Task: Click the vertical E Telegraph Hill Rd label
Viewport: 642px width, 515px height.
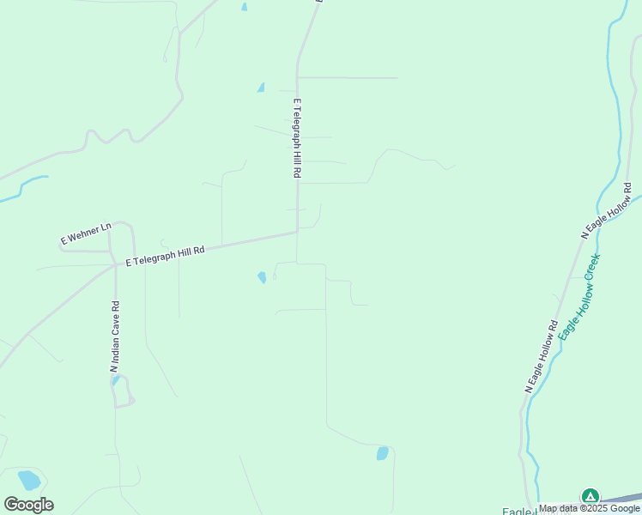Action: click(297, 138)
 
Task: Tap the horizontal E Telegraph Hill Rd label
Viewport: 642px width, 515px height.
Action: click(166, 256)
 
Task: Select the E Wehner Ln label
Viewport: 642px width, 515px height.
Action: click(86, 233)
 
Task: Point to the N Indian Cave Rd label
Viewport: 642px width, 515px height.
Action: click(114, 336)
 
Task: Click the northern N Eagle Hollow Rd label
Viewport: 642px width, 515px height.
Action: click(606, 210)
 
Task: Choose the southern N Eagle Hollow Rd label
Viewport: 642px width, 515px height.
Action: click(542, 357)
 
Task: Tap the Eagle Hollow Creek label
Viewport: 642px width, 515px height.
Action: click(578, 297)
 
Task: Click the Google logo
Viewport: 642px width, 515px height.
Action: click(29, 505)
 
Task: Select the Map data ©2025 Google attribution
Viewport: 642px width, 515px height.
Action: click(590, 508)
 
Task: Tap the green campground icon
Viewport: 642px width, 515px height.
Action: click(590, 496)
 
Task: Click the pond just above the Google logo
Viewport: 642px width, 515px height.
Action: click(29, 480)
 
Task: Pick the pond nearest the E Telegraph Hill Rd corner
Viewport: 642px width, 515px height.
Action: click(262, 277)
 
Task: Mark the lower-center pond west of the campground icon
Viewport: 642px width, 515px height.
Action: click(382, 453)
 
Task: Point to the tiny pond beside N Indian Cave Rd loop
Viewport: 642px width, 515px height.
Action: click(116, 380)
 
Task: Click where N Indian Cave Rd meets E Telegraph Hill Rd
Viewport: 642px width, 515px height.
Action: click(116, 265)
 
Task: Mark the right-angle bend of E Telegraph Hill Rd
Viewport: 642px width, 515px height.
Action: click(297, 231)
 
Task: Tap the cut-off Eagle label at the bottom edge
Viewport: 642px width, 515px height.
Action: click(518, 512)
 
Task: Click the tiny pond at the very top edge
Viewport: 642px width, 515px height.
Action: click(245, 7)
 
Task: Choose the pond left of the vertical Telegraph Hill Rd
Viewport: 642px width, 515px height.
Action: click(260, 88)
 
